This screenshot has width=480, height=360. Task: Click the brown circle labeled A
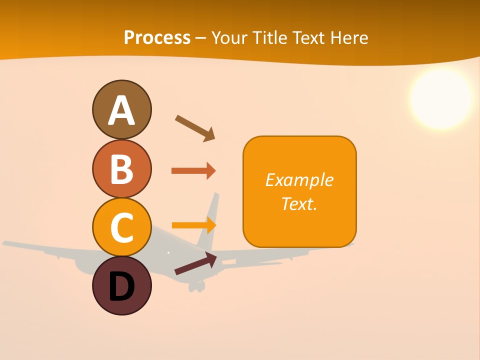pos(121,109)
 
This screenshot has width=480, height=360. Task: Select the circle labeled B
pos(121,168)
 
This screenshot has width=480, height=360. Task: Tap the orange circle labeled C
pos(121,227)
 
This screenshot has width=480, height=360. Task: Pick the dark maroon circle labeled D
pos(121,285)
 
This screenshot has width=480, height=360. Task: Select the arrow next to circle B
pos(193,171)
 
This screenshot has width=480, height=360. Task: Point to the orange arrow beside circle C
pos(193,225)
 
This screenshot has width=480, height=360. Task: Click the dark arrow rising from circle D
pos(195,263)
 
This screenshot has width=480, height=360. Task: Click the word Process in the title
pos(157,37)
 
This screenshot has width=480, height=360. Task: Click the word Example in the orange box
pos(299,179)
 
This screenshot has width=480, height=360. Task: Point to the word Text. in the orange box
pos(299,203)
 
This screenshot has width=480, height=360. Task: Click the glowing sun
pos(441,98)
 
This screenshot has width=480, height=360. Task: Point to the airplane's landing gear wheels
pos(196,286)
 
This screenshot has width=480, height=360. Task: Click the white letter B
pos(121,168)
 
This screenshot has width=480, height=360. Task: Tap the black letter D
pos(121,286)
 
